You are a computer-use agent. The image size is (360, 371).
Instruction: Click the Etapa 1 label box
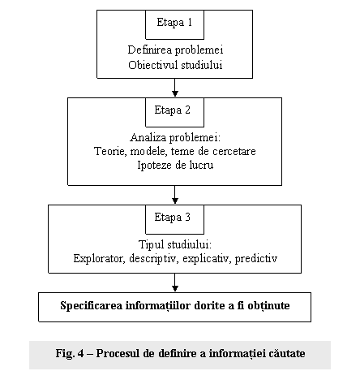[x=174, y=24]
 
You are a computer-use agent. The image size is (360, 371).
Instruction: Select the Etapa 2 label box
[x=174, y=112]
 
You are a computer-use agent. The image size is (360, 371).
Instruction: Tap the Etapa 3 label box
[x=174, y=219]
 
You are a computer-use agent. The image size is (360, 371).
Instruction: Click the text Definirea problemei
[x=175, y=50]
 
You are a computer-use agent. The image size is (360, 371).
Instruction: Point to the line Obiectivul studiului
[x=175, y=65]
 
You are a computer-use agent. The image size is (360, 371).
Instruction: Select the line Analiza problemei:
[x=175, y=138]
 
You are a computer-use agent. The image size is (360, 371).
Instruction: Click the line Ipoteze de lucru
[x=175, y=166]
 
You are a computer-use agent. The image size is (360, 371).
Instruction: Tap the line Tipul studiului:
[x=175, y=245]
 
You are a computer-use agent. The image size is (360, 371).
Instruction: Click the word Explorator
[x=99, y=258]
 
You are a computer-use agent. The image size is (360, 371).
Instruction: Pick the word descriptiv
[x=153, y=258]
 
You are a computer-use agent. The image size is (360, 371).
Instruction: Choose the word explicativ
[x=207, y=258]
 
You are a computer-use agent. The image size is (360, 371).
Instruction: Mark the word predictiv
[x=256, y=258]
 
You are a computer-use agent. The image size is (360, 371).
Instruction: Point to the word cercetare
[x=234, y=151]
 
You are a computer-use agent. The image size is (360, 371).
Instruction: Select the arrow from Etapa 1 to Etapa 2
[x=175, y=88]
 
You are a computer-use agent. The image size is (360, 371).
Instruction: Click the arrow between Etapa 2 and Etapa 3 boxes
[x=175, y=195]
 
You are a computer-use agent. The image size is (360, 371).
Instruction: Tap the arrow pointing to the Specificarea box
[x=175, y=283]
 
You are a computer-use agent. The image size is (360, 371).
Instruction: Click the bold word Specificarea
[x=92, y=306]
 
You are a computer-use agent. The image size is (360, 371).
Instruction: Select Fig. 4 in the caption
[x=70, y=354]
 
